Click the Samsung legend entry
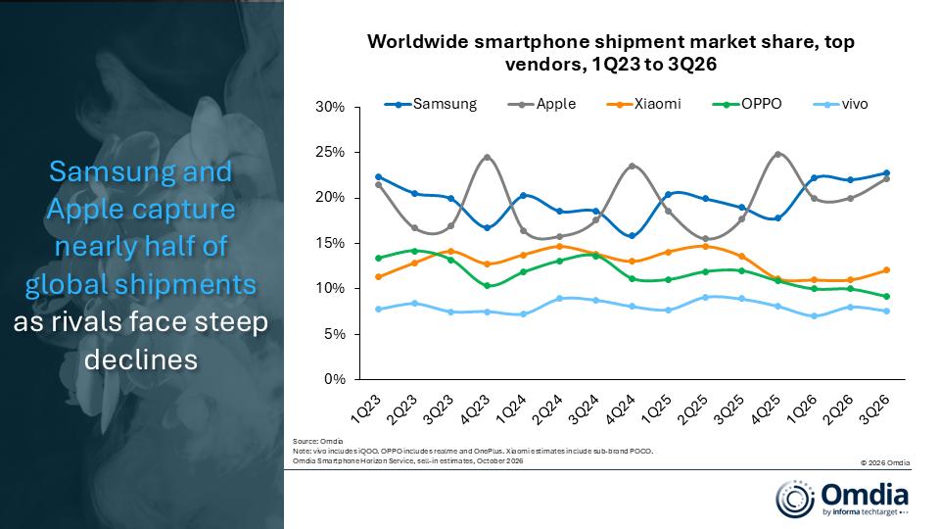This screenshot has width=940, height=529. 431,104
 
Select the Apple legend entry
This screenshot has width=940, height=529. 541,104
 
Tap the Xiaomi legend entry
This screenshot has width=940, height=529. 644,104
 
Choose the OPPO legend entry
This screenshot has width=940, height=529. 747,104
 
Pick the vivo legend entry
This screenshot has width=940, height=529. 840,104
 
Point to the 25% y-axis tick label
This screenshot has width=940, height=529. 330,153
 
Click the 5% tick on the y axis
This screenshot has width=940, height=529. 335,334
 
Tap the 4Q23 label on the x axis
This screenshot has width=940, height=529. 476,409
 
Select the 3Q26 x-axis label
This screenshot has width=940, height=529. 874,409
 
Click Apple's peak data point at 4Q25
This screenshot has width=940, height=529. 778,154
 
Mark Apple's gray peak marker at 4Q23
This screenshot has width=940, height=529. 487,157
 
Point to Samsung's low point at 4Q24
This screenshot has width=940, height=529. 632,236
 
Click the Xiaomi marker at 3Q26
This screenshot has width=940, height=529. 887,270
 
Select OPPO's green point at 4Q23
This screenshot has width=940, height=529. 487,286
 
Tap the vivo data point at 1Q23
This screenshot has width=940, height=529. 378,310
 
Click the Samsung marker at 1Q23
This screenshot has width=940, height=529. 378,177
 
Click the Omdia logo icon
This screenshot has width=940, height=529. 795,499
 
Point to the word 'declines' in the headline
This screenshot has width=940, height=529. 141,360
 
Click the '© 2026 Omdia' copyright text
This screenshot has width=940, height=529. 885,462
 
